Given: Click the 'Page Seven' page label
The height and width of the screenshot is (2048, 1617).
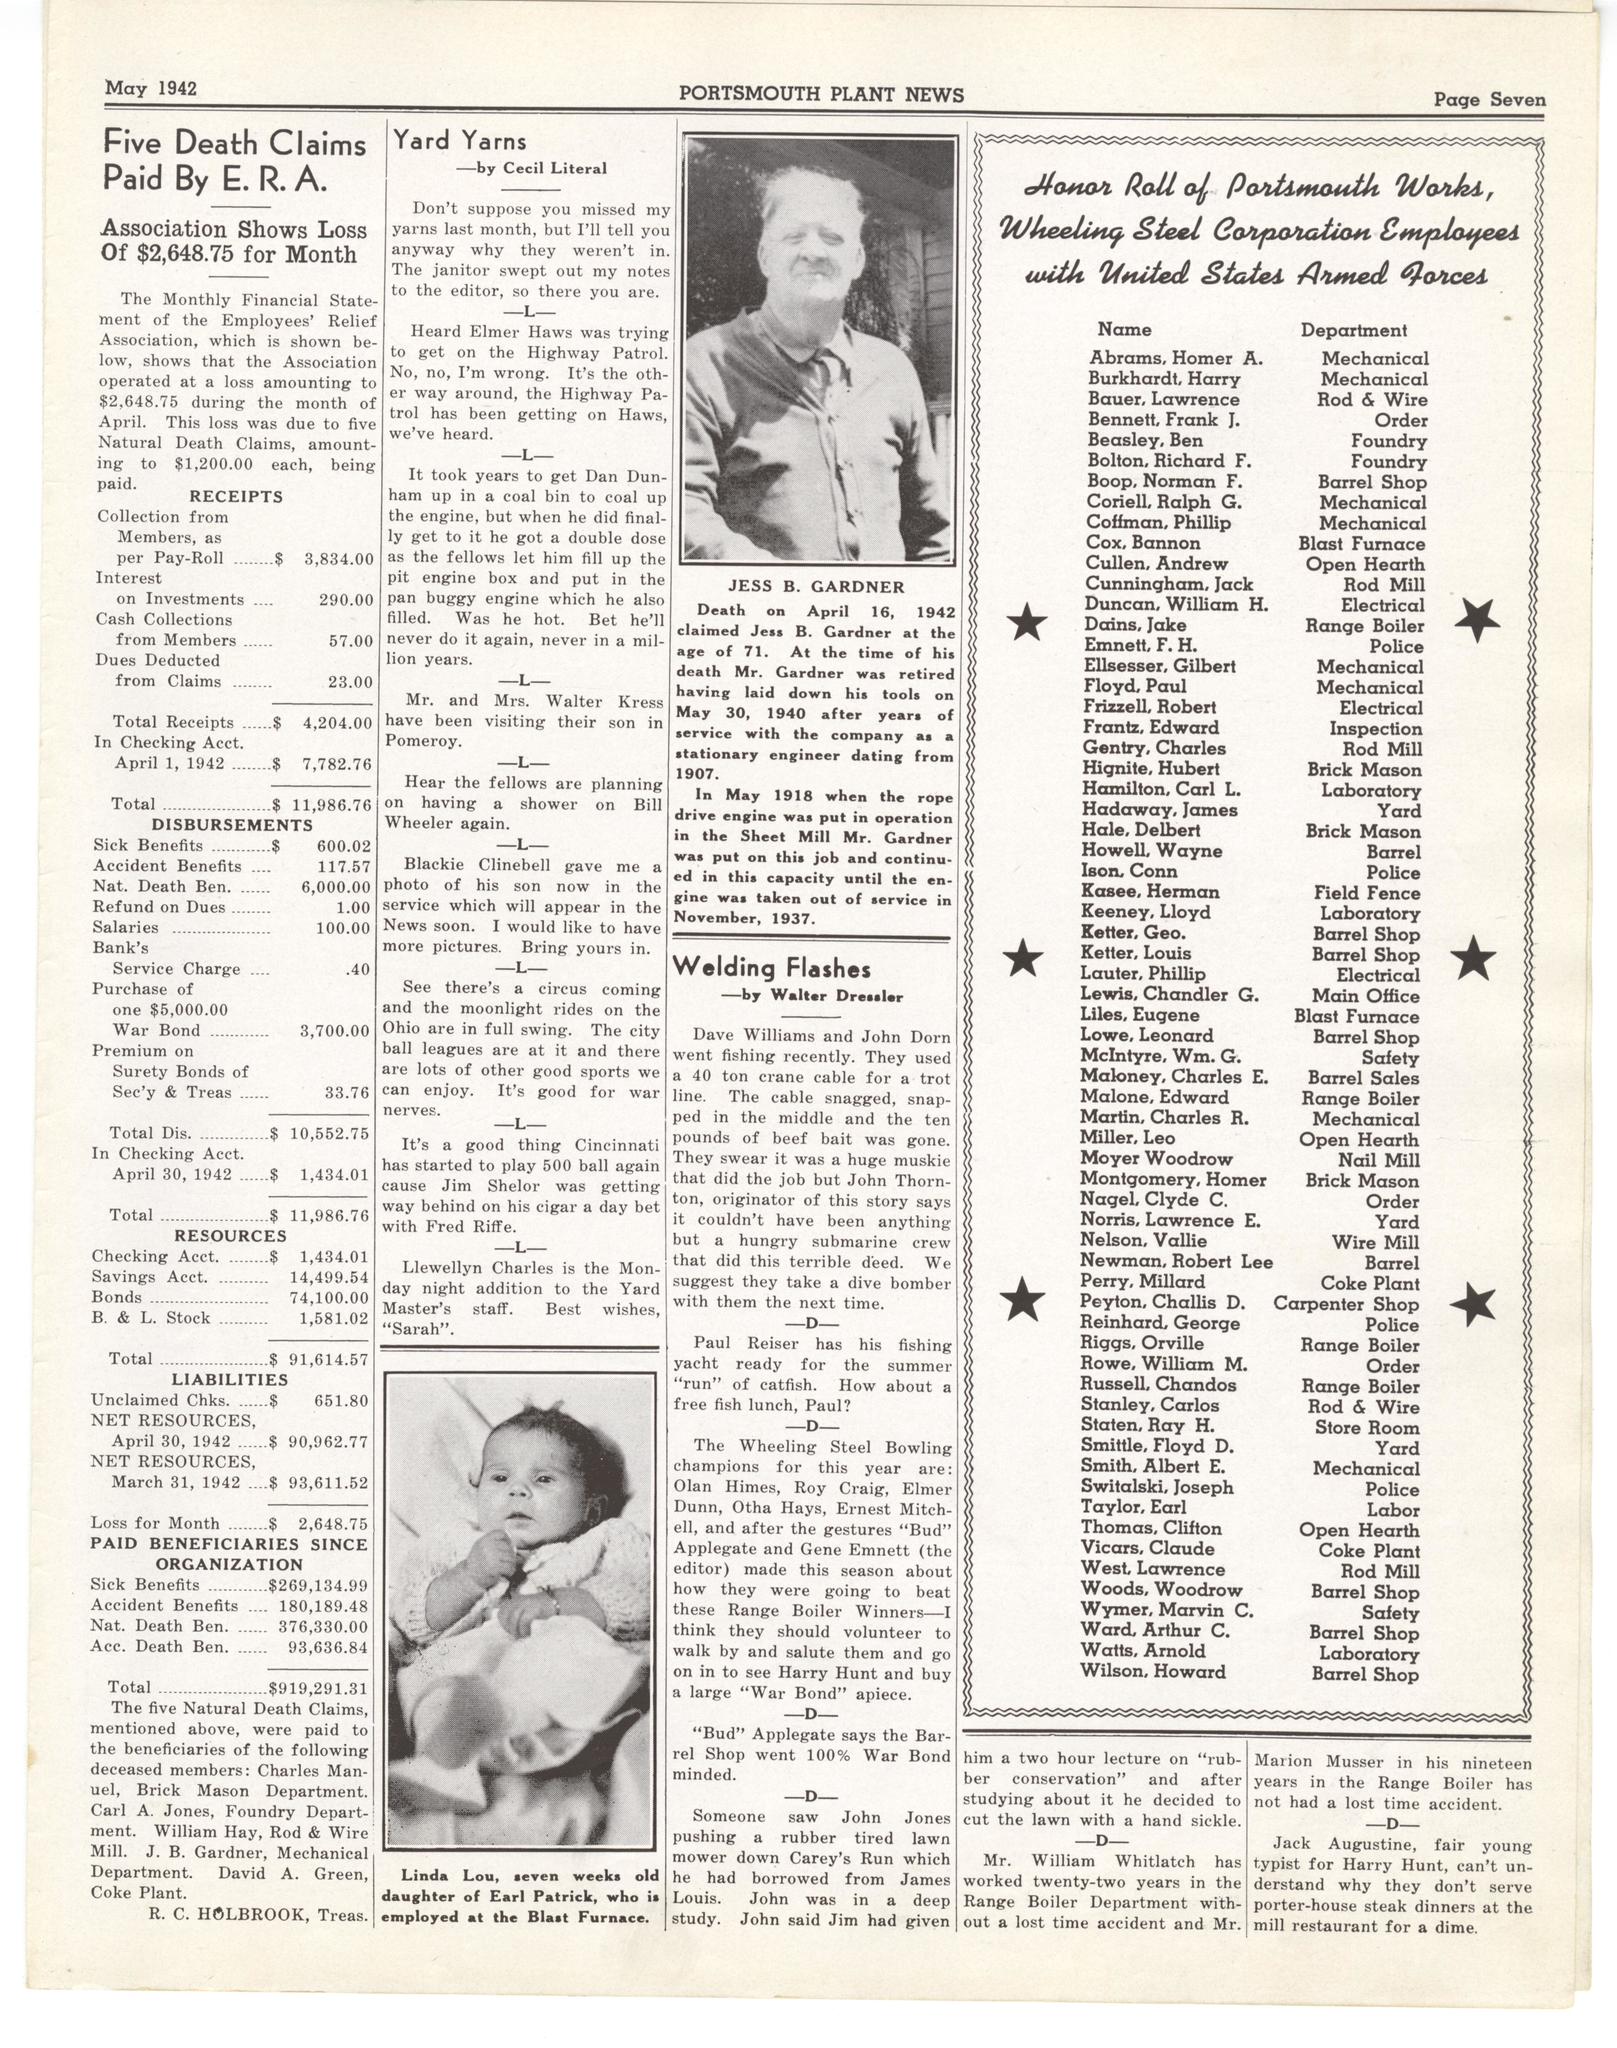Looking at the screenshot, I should coord(1489,100).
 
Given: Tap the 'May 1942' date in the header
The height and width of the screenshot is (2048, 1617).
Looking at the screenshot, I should coord(151,88).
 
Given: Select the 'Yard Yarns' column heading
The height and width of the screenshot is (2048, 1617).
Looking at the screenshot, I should coord(459,140).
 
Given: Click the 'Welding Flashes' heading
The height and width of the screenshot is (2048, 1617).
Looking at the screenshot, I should coord(771,968).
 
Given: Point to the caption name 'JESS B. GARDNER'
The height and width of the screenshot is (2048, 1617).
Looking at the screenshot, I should coord(817,587).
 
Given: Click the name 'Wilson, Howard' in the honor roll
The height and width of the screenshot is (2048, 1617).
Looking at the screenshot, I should coord(1152,1671).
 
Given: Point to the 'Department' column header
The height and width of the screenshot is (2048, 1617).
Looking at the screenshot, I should coord(1353,330).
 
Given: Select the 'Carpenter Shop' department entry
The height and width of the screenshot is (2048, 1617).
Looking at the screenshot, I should coord(1345,1304).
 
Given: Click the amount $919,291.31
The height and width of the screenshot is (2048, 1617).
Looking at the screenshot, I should coord(321,1687).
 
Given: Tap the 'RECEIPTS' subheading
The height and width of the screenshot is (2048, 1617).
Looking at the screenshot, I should coord(235,497).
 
